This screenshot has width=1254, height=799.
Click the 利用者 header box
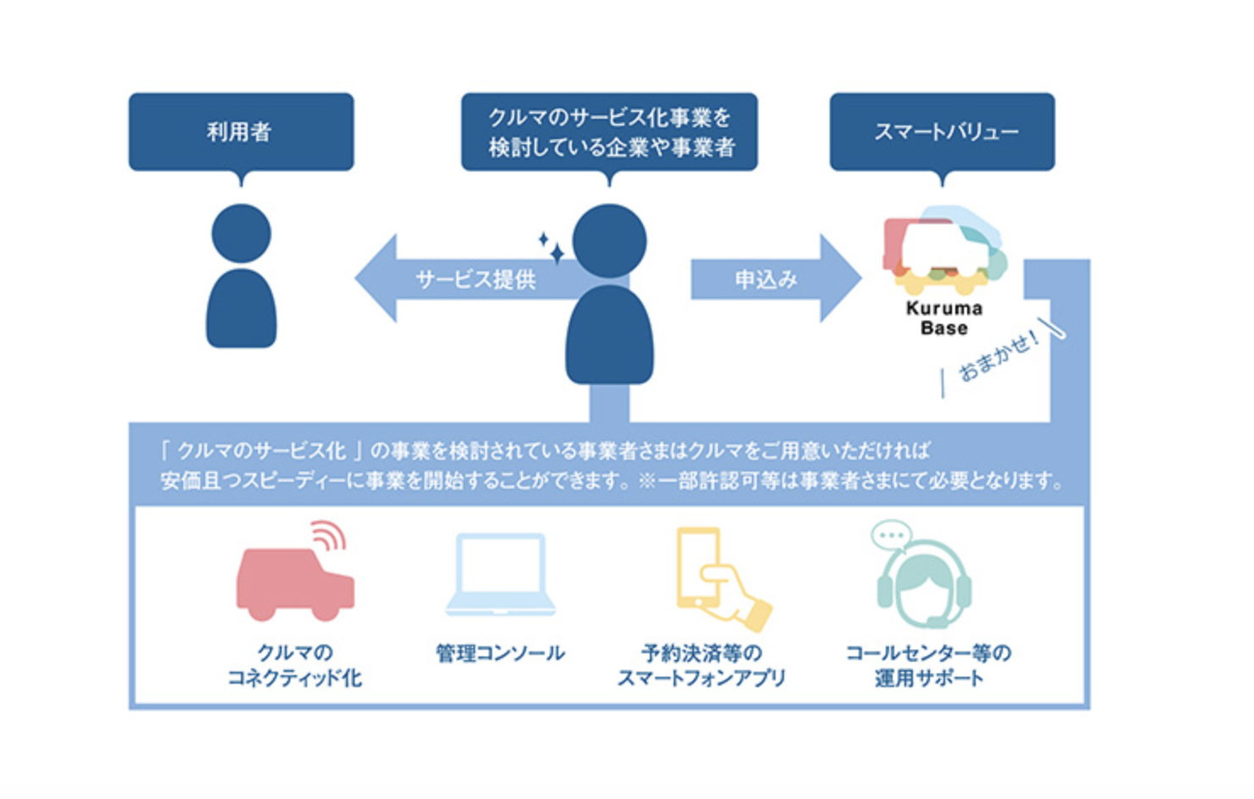coord(241,132)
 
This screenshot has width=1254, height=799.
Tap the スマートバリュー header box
coord(942,132)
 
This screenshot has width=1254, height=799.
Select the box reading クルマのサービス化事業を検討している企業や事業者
coord(609,132)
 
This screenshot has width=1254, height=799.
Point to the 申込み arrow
coord(776,279)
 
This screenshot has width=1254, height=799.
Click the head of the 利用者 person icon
coord(241,233)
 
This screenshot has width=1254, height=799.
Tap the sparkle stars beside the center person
coord(551,248)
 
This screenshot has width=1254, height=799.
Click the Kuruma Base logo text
coord(944,318)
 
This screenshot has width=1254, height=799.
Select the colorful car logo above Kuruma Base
coord(945,251)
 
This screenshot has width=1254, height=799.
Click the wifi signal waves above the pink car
coord(330,535)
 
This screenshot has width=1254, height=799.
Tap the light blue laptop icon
coord(501,574)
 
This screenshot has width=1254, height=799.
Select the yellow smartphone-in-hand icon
coord(722,579)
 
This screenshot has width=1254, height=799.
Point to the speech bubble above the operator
coord(892,536)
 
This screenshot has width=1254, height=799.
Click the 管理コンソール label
coord(501,653)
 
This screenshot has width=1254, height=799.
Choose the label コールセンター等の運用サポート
coord(929,666)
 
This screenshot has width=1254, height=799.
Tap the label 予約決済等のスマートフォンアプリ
coord(702,666)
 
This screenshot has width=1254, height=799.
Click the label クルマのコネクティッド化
coord(295,666)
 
